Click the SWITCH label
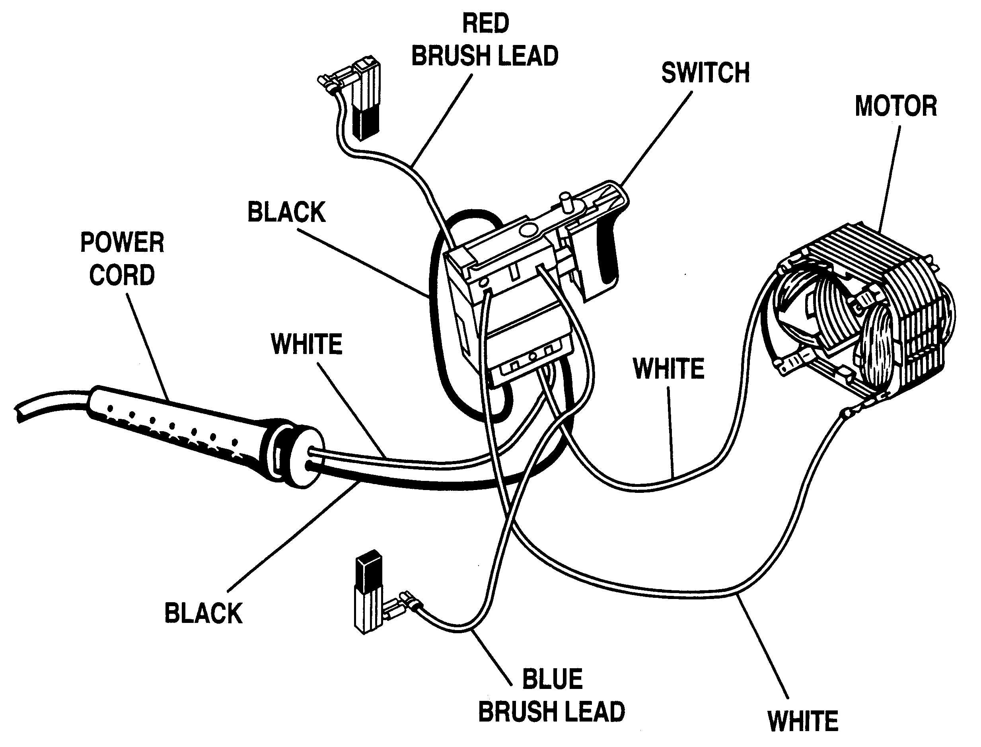pos(705,73)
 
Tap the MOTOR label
pos(895,107)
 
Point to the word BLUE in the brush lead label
pos(552,679)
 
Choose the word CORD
pos(122,275)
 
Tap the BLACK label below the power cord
pos(203,614)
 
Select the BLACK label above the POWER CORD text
pos(286,212)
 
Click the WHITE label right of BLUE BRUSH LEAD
pos(803,721)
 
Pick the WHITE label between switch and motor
pos(668,369)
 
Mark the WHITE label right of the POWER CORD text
pos(306,344)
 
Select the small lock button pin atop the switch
pos(566,202)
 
